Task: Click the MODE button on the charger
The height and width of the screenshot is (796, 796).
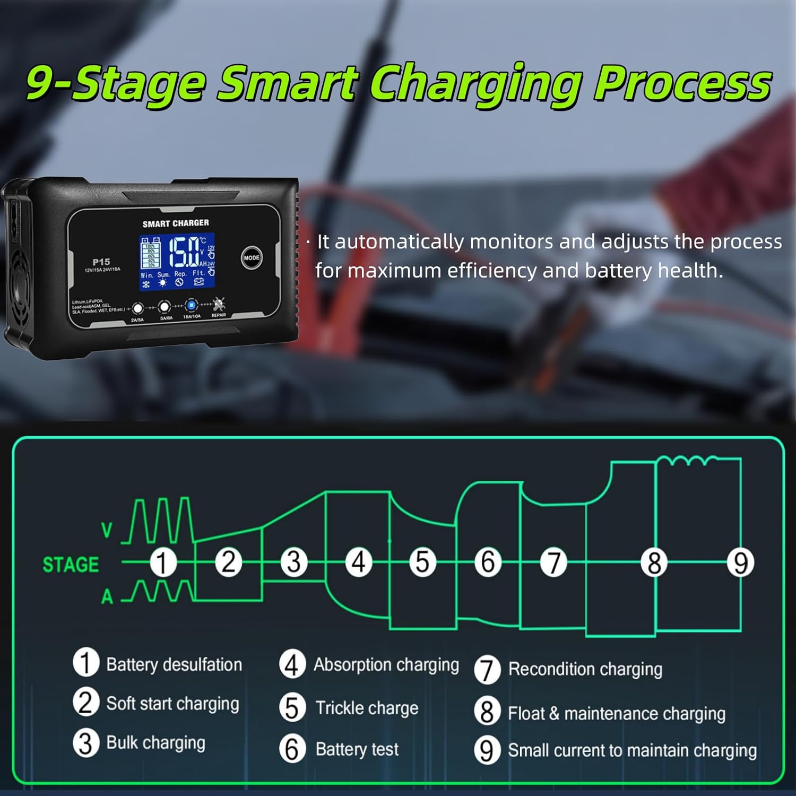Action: pyautogui.click(x=252, y=258)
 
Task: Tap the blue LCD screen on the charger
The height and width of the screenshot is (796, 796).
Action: pyautogui.click(x=177, y=262)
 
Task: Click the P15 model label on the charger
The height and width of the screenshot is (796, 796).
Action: pyautogui.click(x=101, y=262)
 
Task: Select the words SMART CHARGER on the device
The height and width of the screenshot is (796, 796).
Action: pyautogui.click(x=176, y=223)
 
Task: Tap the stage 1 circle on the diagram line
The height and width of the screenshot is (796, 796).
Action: pyautogui.click(x=162, y=563)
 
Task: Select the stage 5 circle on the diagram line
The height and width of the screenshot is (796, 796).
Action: pyautogui.click(x=422, y=562)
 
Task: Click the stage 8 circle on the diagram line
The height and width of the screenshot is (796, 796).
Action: pyautogui.click(x=654, y=563)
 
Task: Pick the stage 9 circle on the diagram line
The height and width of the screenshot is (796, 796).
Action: pyautogui.click(x=741, y=563)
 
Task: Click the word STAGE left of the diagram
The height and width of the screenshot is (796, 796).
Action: pyautogui.click(x=71, y=565)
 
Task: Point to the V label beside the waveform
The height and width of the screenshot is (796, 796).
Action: pyautogui.click(x=107, y=530)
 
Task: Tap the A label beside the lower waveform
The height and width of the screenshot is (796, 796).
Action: pyautogui.click(x=107, y=597)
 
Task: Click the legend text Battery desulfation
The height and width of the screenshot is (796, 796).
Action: pyautogui.click(x=174, y=664)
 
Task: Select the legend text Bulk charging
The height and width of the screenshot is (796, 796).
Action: pyautogui.click(x=155, y=743)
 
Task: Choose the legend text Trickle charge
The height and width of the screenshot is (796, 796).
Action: pyautogui.click(x=367, y=708)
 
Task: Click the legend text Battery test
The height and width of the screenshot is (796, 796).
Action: pyautogui.click(x=357, y=749)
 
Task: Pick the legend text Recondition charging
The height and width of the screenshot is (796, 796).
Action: pyautogui.click(x=585, y=669)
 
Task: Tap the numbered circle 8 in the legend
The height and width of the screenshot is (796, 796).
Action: pyautogui.click(x=487, y=712)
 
